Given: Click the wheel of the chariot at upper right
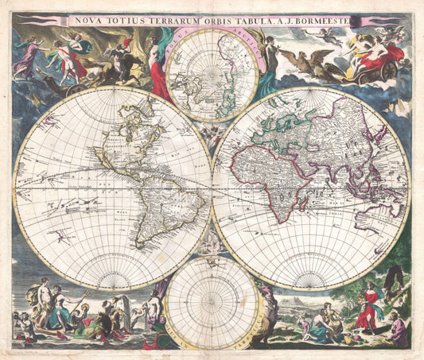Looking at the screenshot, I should [x=388, y=72].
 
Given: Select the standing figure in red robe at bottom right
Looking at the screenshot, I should [x=367, y=306].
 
